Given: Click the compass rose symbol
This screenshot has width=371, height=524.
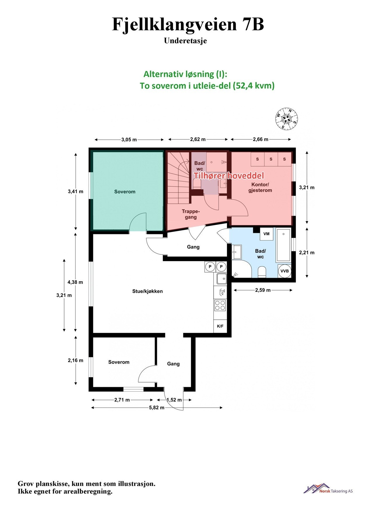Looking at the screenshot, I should coord(287,118).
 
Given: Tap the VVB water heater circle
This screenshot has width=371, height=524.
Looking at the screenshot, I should coord(284,271).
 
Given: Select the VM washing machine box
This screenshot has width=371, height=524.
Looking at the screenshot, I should coord(266,234).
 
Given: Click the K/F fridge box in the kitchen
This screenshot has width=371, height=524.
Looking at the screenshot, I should coord(220,326).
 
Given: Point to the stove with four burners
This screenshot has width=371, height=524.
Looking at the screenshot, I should coord(220,305).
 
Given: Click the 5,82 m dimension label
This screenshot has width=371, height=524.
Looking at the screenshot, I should coord(157,408).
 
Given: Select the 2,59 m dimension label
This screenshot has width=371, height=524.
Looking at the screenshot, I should coord(263,290).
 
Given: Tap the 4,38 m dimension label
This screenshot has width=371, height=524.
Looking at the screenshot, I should coord(75,282).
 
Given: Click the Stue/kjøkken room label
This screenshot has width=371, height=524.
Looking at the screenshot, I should coord(147,291).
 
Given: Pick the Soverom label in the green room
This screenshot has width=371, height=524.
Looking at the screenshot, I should coord(125,192).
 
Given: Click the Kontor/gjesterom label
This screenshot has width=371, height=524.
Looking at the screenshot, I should coord(260,187).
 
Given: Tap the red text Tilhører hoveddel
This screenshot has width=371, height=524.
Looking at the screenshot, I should coord(229,176).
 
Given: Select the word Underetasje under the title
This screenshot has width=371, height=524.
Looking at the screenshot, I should coord(185,41).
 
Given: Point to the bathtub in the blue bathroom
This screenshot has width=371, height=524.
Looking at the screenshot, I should coord(283,245).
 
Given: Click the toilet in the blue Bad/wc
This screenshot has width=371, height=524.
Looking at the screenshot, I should coord(262,272).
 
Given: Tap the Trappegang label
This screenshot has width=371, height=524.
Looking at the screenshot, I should coord(191,214).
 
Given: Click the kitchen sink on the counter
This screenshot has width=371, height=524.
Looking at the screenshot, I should coord(221,279).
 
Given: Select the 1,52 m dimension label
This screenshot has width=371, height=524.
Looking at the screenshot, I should coord(174,400).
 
